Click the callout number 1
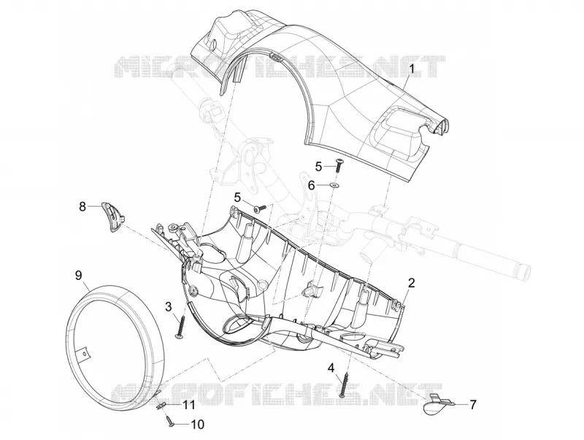tap(411, 69)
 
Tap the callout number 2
tap(411, 283)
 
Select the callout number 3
tap(169, 307)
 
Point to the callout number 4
tap(331, 368)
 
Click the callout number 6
tap(312, 185)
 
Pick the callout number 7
tap(473, 404)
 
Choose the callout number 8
tap(82, 206)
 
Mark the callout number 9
tap(78, 276)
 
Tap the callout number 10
tap(197, 425)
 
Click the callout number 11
tap(188, 405)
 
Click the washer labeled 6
tap(337, 185)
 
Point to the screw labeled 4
tap(345, 384)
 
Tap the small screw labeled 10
tap(170, 420)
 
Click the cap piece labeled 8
tap(112, 216)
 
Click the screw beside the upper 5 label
tap(339, 164)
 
